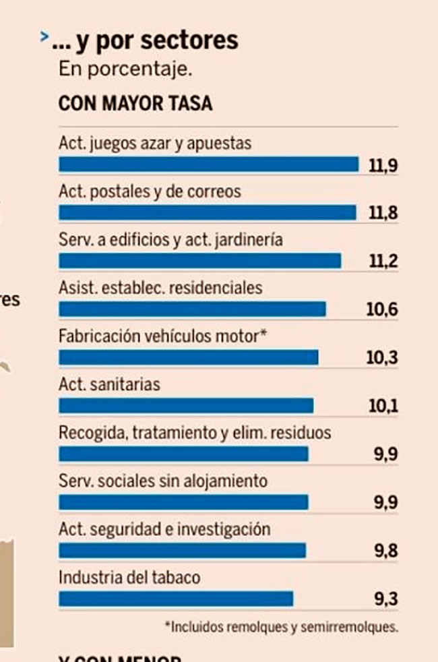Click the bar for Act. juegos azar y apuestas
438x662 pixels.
tap(209, 164)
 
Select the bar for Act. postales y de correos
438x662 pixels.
tap(208, 213)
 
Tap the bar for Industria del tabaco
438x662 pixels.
tap(177, 599)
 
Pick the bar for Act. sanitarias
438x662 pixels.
tap(187, 405)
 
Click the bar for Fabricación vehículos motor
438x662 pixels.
tap(189, 357)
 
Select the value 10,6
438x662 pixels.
tap(382, 309)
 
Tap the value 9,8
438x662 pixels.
tap(385, 551)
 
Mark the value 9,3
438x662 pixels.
tap(385, 599)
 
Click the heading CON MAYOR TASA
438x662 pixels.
tap(135, 104)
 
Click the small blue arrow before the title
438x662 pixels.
tap(44, 36)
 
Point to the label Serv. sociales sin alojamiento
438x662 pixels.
tap(163, 481)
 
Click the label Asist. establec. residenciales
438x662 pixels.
tap(160, 288)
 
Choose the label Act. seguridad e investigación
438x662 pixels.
tap(164, 529)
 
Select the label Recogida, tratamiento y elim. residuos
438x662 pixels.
tap(195, 433)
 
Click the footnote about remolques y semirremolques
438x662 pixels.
tap(281, 626)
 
